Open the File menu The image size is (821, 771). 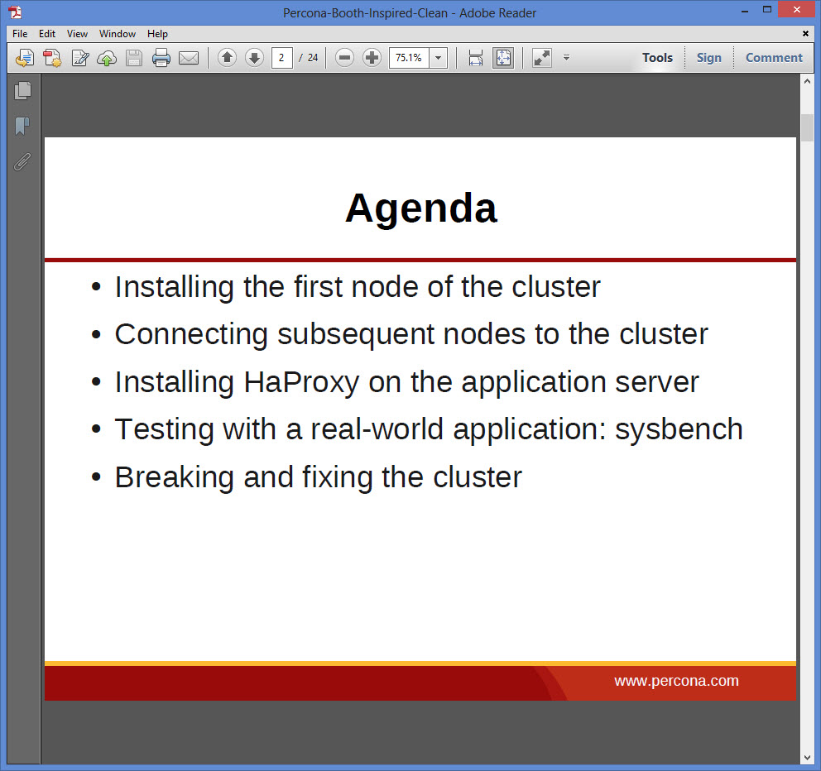[20, 33]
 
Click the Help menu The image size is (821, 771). [157, 33]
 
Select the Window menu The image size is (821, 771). [118, 33]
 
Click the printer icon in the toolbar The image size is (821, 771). [161, 58]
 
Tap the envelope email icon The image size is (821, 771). [189, 58]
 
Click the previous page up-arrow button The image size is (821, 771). [228, 58]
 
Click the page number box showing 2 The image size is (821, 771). [281, 58]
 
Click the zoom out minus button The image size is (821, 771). [344, 58]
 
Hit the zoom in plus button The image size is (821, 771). [372, 58]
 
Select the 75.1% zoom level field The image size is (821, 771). [409, 58]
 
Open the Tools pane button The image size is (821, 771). [657, 58]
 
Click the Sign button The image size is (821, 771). [709, 58]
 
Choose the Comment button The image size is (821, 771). [774, 58]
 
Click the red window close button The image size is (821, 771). [797, 9]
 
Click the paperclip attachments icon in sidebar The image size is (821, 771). [22, 162]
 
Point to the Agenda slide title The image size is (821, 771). [421, 208]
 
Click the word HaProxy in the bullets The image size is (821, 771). [301, 382]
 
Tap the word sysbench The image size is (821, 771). [679, 429]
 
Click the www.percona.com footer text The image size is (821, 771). [676, 681]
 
